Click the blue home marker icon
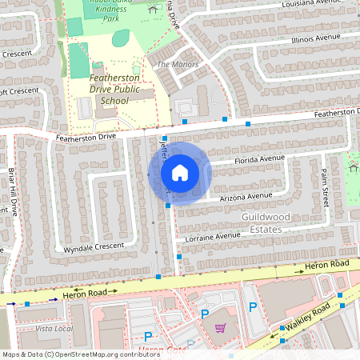tap(180, 173)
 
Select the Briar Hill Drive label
tap(12, 192)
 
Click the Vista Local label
tap(54, 329)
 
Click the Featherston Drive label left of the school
tap(86, 138)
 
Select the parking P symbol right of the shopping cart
tap(253, 306)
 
